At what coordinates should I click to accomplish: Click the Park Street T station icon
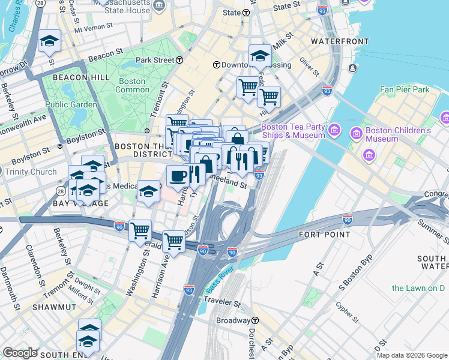(179, 60)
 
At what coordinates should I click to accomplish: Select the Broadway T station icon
(255, 321)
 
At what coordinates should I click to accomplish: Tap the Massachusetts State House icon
(159, 5)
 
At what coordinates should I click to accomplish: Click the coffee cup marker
(178, 176)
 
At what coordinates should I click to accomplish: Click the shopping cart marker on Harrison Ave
(173, 241)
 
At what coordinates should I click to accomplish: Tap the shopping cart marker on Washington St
(140, 229)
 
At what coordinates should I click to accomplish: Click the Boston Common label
(132, 85)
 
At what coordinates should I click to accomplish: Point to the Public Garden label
(71, 104)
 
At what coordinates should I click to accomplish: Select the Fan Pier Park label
(405, 89)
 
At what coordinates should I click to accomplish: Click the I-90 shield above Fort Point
(348, 220)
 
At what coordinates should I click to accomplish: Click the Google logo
(20, 353)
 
